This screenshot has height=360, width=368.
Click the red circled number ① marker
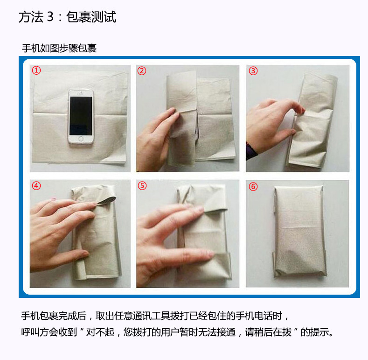(x=36, y=70)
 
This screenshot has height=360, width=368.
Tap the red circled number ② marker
(x=142, y=71)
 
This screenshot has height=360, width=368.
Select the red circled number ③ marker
(x=253, y=71)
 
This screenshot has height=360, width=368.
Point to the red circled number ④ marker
(x=36, y=186)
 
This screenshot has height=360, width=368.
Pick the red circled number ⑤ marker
(x=142, y=186)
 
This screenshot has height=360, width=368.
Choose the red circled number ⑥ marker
(x=253, y=187)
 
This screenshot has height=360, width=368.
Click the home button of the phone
(x=81, y=139)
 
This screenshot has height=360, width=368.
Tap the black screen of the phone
(x=81, y=116)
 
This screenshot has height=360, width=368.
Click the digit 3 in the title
(x=50, y=17)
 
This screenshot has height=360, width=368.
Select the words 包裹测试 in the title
(x=91, y=17)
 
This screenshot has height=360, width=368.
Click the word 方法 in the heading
(x=31, y=17)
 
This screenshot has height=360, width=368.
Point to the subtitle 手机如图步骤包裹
(x=59, y=49)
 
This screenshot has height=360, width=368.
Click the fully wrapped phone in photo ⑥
(x=299, y=232)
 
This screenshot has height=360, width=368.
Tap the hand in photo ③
(x=272, y=125)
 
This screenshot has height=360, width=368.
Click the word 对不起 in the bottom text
(x=100, y=332)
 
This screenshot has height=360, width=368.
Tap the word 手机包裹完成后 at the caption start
(x=54, y=316)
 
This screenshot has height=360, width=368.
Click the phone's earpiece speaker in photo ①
(x=81, y=94)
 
